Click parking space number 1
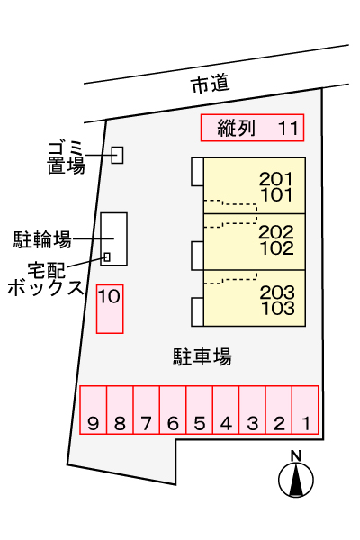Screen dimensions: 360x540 pos(305,409)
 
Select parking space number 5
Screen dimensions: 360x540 pos(200,409)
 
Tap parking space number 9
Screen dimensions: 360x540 pos(93,409)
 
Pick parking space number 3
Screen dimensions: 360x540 pos(252,409)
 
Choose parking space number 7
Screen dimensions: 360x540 pos(147,409)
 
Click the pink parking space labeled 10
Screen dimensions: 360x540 pos(110,309)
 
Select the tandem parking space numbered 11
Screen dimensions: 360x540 pos(253,128)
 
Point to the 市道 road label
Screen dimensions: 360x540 pos(210,85)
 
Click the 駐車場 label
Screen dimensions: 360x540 pos(202,356)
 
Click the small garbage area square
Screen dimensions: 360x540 pos(118,155)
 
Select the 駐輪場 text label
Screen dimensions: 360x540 pos(42,239)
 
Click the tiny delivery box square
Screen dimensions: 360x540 pos(107,256)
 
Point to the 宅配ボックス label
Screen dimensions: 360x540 pos(46,279)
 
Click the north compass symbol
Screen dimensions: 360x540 pos(296,480)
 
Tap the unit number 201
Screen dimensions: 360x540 pos(276,179)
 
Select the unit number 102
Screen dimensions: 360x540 pos(277,248)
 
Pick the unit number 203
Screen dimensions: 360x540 pos(277,292)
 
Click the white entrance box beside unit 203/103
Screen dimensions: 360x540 pos(197,312)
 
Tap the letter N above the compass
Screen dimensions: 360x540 pos(296,455)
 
